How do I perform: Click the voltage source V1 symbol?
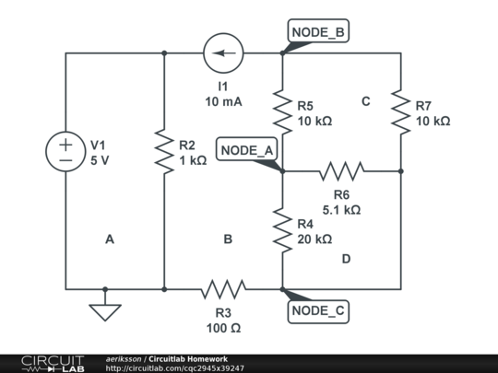point(65,152)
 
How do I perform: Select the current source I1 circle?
point(223,53)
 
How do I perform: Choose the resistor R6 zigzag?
point(341,170)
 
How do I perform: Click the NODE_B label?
point(318,33)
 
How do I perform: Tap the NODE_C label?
point(318,311)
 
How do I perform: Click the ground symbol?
point(105,310)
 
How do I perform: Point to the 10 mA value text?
point(223,102)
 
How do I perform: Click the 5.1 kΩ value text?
point(341,209)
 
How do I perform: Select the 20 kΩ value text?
point(314,239)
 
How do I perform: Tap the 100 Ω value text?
point(223,327)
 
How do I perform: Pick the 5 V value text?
point(100,160)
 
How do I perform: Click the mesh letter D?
point(346,259)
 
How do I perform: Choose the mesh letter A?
point(109,239)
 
